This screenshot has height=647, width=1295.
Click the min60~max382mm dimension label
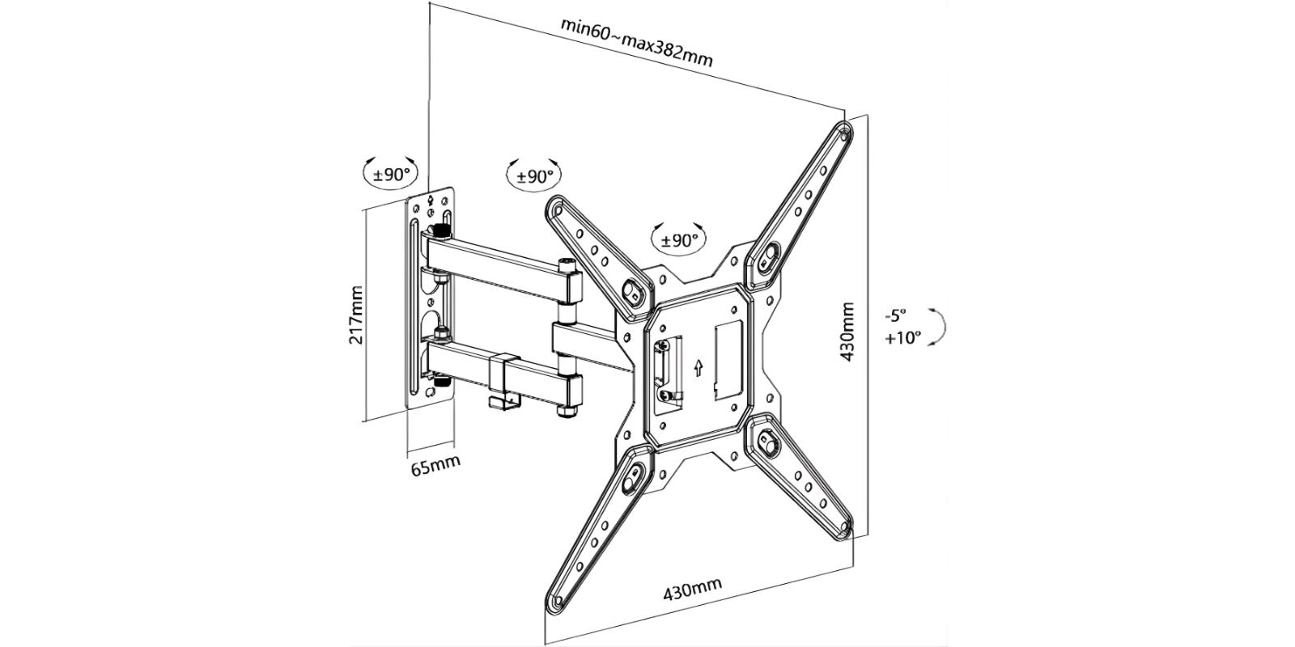tap(637, 41)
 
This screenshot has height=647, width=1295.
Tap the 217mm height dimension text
tap(355, 315)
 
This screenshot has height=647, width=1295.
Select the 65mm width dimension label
tap(435, 466)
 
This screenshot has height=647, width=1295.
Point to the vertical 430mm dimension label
tap(847, 332)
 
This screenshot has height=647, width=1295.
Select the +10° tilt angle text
tap(902, 337)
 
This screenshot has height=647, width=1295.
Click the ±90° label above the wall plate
tap(392, 174)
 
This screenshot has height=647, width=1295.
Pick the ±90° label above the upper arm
tap(534, 175)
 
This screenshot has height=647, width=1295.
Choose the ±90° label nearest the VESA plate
tap(679, 240)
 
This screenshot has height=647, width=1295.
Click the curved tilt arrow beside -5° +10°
tap(941, 326)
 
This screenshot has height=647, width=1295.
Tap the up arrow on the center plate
tap(697, 368)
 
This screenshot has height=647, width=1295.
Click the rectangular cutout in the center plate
tap(728, 355)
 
